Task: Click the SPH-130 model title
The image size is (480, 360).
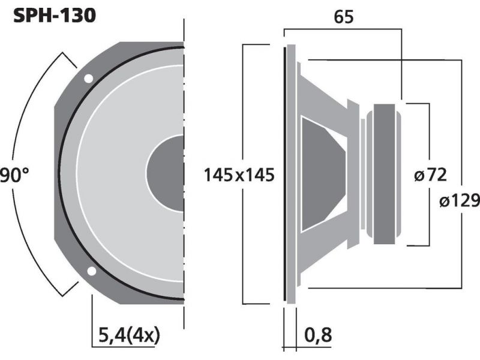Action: pyautogui.click(x=55, y=16)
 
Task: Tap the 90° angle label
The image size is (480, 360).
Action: pyautogui.click(x=14, y=175)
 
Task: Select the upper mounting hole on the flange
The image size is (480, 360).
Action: pyautogui.click(x=88, y=79)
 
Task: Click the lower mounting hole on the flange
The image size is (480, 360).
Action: pyautogui.click(x=92, y=271)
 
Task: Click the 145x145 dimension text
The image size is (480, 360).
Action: pyautogui.click(x=239, y=175)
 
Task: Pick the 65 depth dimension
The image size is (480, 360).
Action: pyautogui.click(x=343, y=17)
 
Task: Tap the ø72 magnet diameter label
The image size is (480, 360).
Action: pyautogui.click(x=430, y=175)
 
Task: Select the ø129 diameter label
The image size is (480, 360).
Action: pyautogui.click(x=459, y=201)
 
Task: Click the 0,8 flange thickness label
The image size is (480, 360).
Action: pyautogui.click(x=318, y=335)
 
